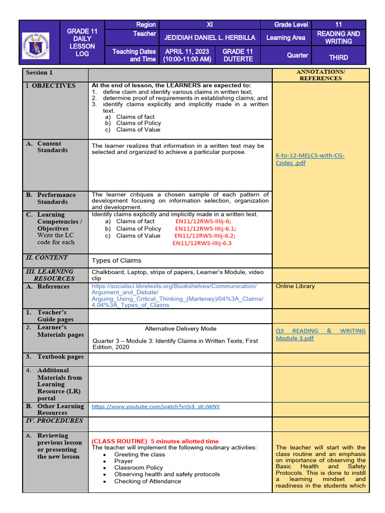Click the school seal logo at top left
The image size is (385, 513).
click(39, 42)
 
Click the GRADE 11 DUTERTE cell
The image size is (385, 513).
click(237, 55)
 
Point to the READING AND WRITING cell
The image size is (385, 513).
click(338, 38)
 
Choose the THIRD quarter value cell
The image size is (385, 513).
click(338, 57)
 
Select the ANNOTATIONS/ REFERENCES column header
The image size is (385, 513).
click(321, 75)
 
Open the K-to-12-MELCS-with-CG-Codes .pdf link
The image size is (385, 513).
click(310, 159)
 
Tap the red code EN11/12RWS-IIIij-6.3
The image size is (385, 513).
click(202, 243)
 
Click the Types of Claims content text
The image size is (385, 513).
click(116, 261)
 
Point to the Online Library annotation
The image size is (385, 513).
click(295, 287)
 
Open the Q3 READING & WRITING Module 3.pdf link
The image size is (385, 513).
click(320, 334)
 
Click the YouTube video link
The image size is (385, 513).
click(156, 406)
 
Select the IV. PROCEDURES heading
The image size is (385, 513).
click(54, 421)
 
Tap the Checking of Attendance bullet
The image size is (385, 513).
click(147, 481)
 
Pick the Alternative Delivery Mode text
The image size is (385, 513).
click(180, 329)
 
